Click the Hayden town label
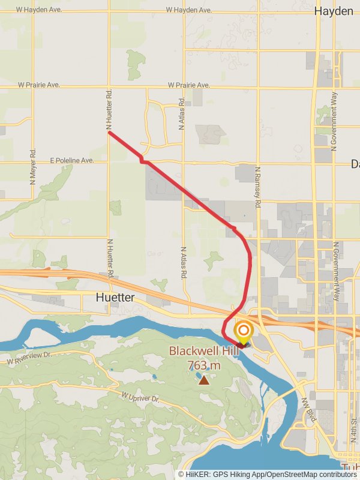(x=334, y=11)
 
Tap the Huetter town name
(x=115, y=298)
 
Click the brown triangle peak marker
(x=204, y=379)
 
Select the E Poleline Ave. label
(x=72, y=161)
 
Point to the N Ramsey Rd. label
(x=257, y=187)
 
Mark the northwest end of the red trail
(x=109, y=132)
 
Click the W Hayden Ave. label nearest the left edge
(x=38, y=10)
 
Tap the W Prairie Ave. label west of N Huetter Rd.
(x=39, y=85)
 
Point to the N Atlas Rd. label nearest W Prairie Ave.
(x=181, y=114)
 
